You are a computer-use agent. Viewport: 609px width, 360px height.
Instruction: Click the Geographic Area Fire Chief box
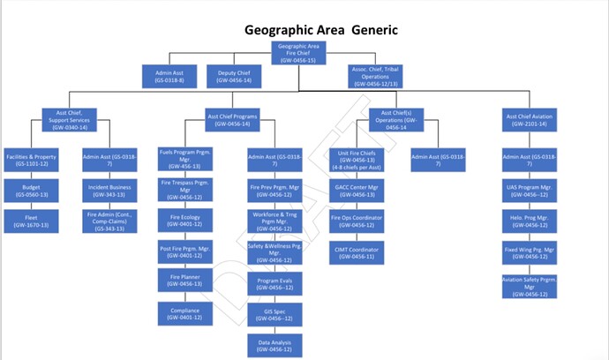pos(298,52)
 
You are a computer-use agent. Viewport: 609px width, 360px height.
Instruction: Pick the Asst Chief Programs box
pos(233,119)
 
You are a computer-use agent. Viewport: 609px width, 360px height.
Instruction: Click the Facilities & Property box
pos(30,160)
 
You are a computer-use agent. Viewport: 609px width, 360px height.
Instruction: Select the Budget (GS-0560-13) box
pos(30,190)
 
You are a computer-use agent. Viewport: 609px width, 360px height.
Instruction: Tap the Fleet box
pos(30,221)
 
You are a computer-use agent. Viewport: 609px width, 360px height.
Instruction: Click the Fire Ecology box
pos(185,220)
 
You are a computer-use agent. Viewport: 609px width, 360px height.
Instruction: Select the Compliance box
pos(185,314)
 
